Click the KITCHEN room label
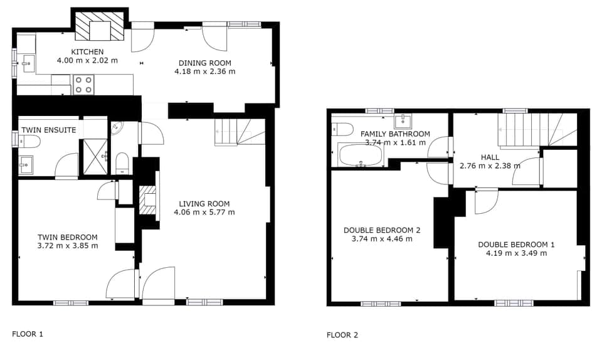pos(87,51)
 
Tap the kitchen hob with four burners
pos(84,84)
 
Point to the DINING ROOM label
pos(204,63)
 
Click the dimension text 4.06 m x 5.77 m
pos(204,212)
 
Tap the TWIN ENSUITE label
pos(48,130)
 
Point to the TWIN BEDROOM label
pos(68,237)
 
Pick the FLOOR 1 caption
pos(28,334)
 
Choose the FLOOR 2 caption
pos(342,335)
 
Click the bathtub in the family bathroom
pos(360,156)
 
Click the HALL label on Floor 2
pos(490,157)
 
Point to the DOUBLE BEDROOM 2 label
pos(382,230)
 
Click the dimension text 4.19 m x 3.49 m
pos(516,253)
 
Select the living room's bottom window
pos(204,302)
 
